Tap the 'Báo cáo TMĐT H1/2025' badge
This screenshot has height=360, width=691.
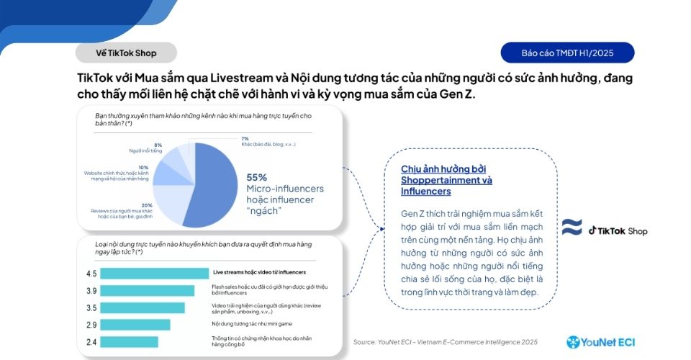[567, 53]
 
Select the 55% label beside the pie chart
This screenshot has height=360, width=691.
[257, 177]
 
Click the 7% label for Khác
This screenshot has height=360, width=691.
[245, 138]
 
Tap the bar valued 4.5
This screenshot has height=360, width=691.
[153, 274]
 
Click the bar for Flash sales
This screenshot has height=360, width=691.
[148, 291]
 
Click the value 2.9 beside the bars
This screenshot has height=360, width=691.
[91, 325]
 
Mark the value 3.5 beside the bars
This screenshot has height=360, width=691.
[91, 308]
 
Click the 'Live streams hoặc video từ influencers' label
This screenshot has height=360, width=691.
[259, 272]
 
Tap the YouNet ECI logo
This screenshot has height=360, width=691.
[601, 342]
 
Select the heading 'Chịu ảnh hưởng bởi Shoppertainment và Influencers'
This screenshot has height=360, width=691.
[447, 180]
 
